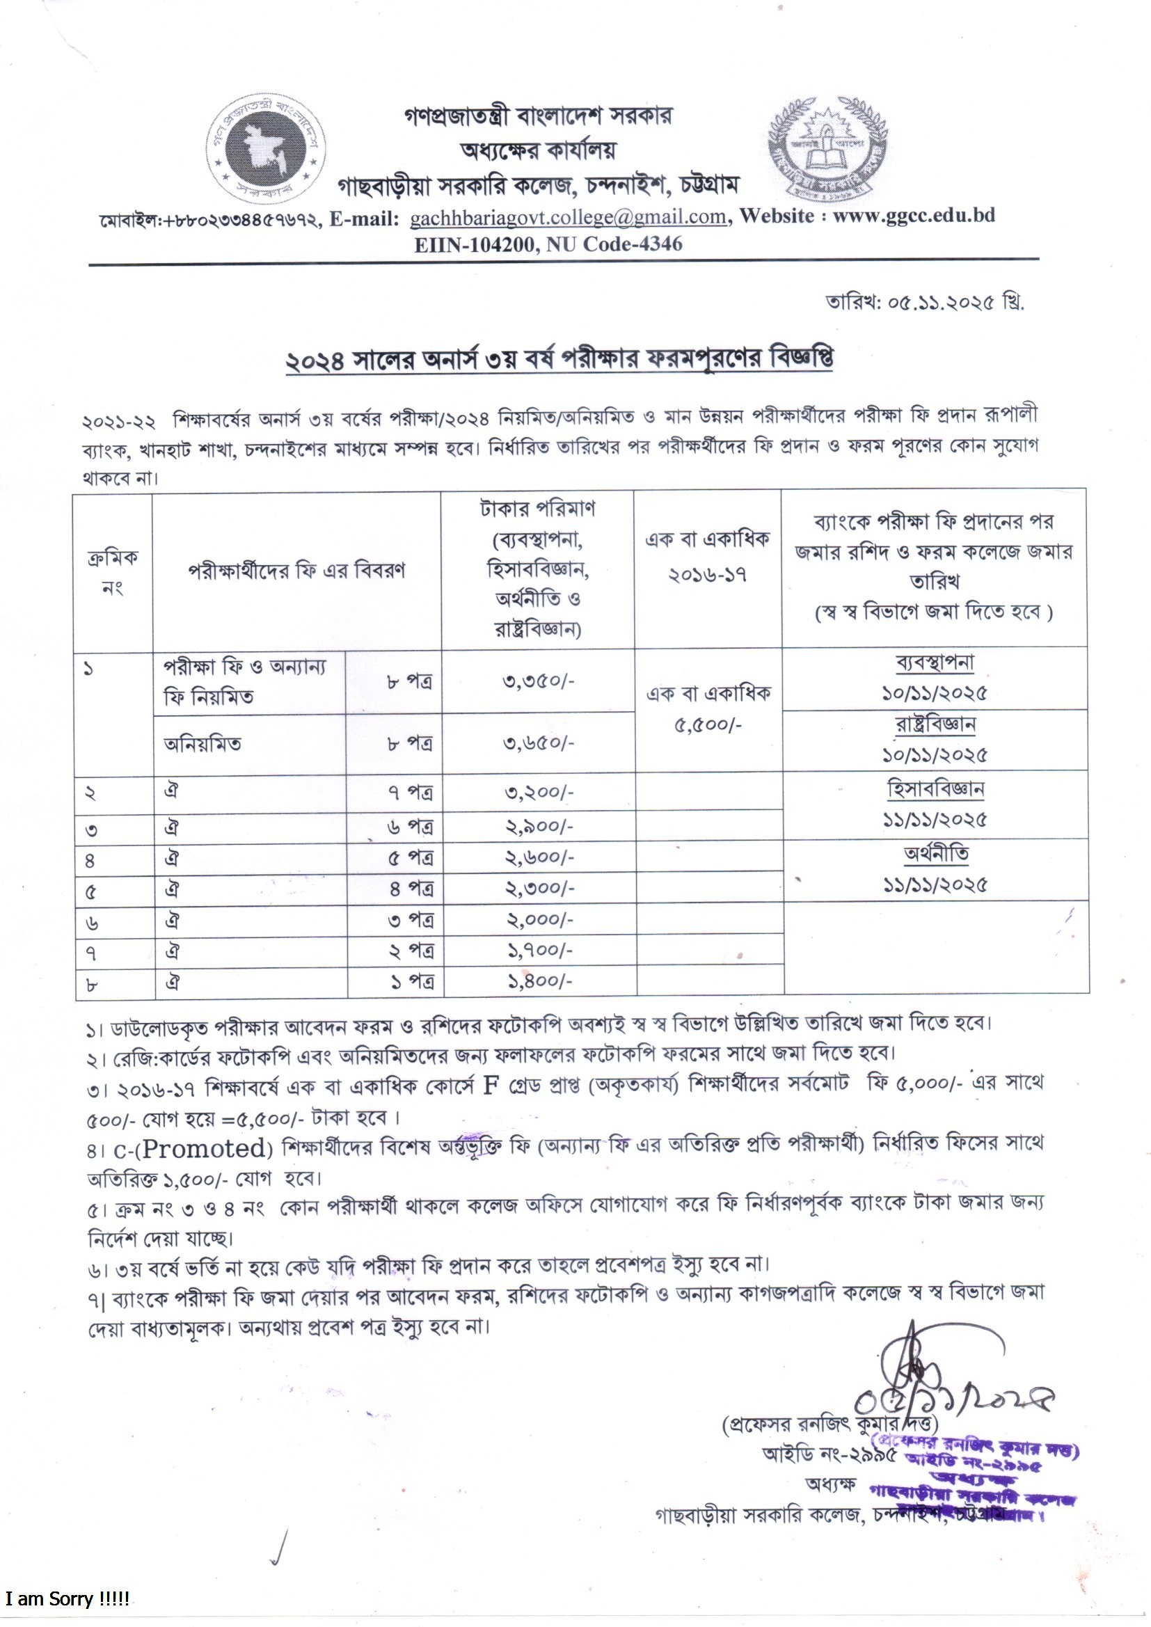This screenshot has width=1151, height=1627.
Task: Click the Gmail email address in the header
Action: tap(568, 217)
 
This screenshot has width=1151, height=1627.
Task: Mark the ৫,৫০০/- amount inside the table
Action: tap(708, 725)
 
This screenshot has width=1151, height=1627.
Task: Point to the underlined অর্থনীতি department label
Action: tap(935, 854)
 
